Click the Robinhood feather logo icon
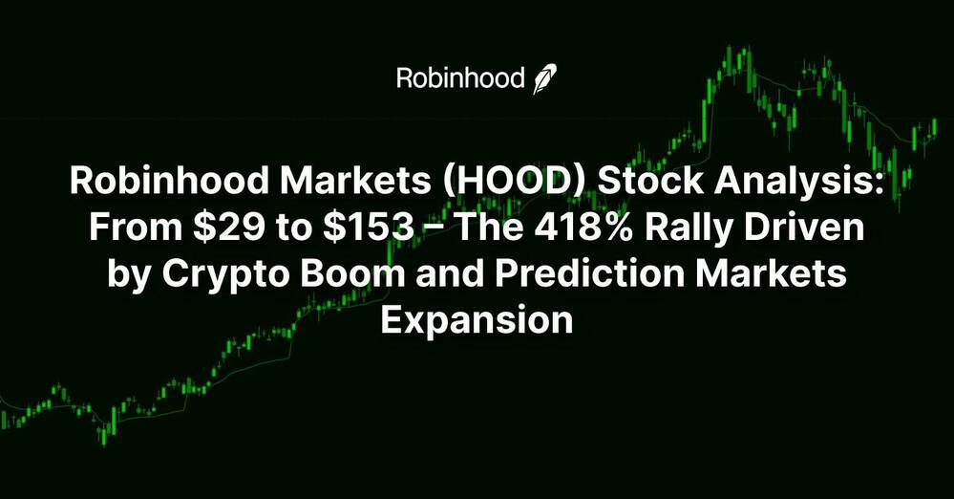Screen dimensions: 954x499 544,79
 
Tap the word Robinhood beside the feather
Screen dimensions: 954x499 460,78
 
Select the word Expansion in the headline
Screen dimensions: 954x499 477,320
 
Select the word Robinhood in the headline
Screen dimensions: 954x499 165,181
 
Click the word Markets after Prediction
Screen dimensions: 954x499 772,273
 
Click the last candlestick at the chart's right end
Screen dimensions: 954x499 934,127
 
